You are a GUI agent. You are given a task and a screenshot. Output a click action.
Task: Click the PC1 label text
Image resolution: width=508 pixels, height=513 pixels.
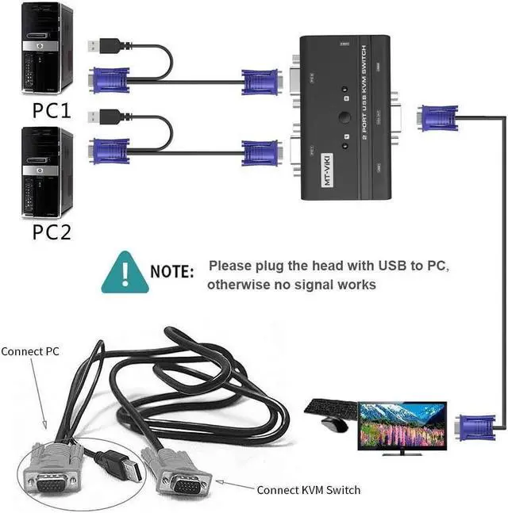click(x=51, y=109)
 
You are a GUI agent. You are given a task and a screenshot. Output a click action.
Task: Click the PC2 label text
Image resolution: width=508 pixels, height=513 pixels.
click(x=51, y=232)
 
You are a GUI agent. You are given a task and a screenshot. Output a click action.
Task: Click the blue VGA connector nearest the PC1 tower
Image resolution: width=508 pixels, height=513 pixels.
click(x=111, y=81)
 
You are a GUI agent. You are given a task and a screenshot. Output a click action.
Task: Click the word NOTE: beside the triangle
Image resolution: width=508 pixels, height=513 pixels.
click(x=172, y=271)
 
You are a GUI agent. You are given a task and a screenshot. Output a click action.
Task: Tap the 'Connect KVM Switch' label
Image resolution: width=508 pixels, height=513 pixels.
click(x=308, y=489)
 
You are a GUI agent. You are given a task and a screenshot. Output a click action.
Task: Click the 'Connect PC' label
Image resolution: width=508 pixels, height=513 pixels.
click(x=30, y=350)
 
